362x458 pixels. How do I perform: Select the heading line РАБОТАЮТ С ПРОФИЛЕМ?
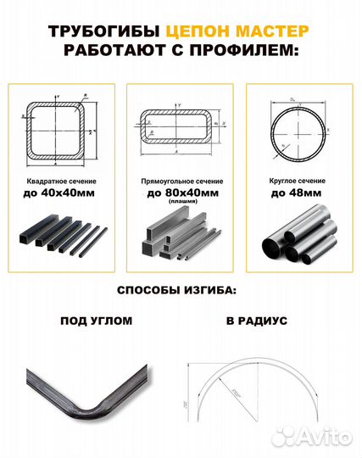click(181, 53)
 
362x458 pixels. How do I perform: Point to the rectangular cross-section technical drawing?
click(181, 128)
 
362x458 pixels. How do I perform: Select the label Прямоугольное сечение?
click(180, 182)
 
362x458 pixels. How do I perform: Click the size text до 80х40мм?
click(180, 193)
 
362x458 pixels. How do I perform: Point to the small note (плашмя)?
click(180, 204)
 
